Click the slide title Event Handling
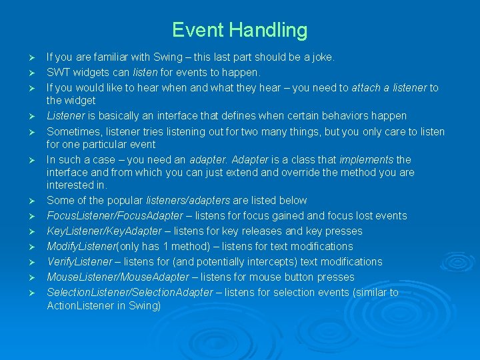239,30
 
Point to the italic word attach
367,87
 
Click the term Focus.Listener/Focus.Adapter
115,216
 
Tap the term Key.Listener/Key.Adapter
104,231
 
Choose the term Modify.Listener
81,247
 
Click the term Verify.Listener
79,262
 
